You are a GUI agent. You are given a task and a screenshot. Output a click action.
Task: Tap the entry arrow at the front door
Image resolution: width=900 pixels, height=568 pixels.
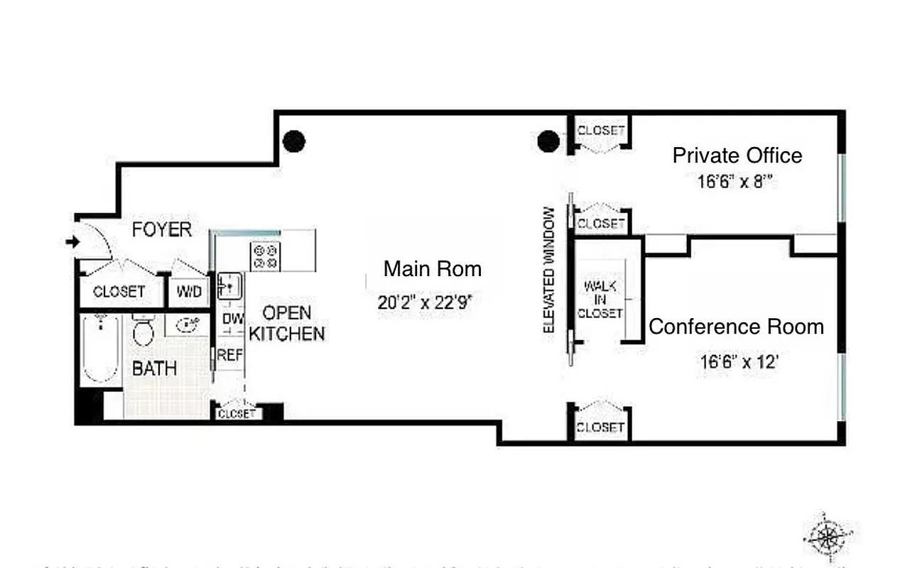point(72,242)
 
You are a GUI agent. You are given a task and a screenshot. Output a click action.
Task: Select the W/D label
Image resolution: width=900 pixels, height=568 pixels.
point(188,292)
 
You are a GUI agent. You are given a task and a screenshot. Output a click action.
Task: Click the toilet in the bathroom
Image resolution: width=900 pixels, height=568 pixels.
point(143,330)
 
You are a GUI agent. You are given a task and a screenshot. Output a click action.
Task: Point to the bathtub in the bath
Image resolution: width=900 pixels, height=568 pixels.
point(99,349)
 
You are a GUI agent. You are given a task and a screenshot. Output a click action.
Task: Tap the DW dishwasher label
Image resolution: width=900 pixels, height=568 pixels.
point(232,319)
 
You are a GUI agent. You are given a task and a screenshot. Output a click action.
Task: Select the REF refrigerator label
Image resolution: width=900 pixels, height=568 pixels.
point(229,355)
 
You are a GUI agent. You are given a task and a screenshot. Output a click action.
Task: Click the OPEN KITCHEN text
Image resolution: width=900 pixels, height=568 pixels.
point(287,323)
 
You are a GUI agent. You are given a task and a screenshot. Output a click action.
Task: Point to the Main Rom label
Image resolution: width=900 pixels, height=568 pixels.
point(432,269)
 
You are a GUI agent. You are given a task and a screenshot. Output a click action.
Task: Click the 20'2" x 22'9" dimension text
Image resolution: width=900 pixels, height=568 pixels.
point(425,302)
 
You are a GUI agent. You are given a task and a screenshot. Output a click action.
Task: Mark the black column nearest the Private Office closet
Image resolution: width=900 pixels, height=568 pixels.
point(548,142)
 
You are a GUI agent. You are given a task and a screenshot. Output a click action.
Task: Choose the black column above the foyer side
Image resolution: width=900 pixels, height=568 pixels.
point(293,141)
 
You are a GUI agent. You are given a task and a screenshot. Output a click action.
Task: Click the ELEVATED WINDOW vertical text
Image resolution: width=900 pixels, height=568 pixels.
point(549,270)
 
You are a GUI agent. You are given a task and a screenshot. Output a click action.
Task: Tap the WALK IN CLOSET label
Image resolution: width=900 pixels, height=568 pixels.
point(600,299)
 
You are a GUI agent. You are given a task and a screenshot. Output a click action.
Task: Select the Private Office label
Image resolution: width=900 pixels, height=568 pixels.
point(737,155)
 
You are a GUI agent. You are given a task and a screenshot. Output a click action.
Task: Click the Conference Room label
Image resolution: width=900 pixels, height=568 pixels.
point(736,327)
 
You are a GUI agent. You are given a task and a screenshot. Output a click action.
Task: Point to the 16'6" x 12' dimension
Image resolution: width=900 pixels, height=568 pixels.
point(739,362)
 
